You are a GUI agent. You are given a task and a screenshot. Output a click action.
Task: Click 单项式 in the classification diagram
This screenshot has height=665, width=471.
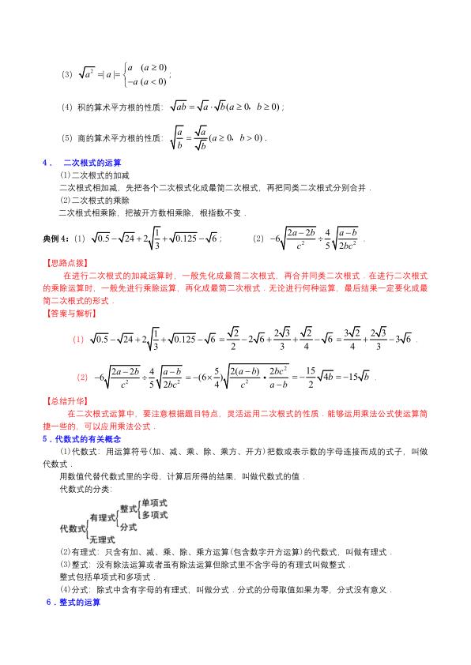tap(154, 503)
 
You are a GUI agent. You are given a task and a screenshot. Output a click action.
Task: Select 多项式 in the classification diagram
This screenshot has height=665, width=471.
tap(154, 514)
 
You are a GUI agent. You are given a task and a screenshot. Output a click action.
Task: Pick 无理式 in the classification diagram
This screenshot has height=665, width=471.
tap(104, 539)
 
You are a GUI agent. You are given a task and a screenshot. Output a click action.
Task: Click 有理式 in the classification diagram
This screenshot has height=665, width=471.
tap(103, 516)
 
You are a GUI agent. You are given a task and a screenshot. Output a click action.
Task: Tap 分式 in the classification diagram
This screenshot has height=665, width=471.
tap(128, 525)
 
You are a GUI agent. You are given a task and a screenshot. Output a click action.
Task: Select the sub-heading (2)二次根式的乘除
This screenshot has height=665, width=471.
tap(89, 201)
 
